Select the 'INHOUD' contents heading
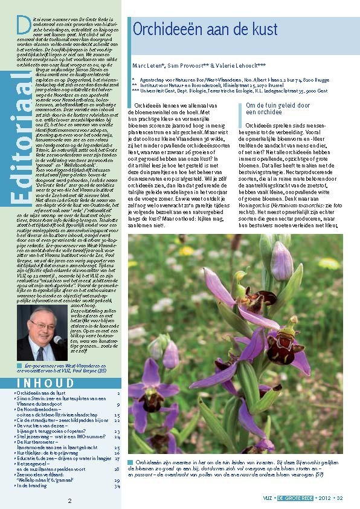tap(46, 383)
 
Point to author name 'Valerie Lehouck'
tap(236, 65)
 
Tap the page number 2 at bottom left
tap(70, 501)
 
